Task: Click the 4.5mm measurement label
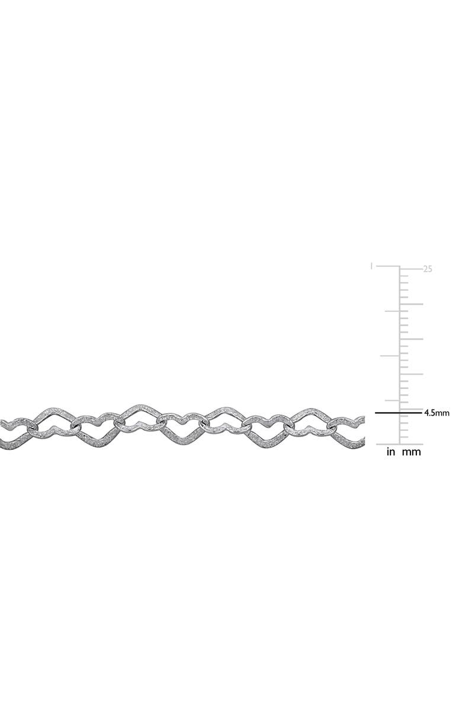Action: [437, 413]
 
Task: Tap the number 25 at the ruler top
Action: [428, 269]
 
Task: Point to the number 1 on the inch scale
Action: [371, 266]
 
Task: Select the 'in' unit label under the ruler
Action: [391, 452]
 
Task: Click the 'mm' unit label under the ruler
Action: [411, 452]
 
